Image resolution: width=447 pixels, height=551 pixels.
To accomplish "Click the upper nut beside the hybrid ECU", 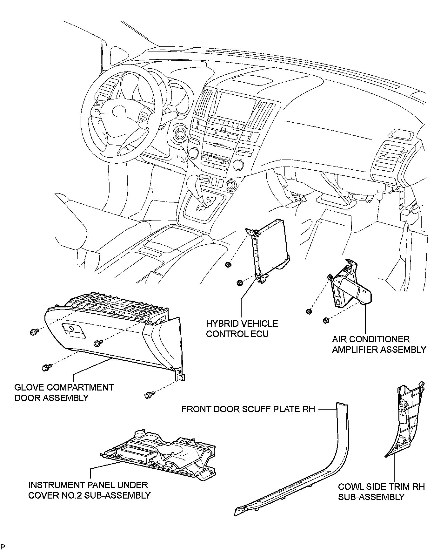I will point(227,264).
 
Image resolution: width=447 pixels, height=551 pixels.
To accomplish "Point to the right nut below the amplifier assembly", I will point(325,320).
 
